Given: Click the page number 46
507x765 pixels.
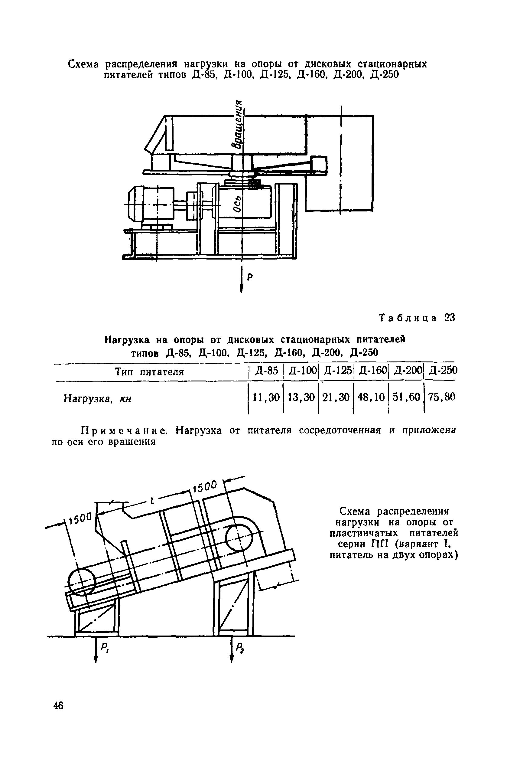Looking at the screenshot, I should tap(59, 714).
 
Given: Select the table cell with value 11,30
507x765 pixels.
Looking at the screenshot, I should tap(266, 397).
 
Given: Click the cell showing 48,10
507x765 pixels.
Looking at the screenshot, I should tap(371, 397).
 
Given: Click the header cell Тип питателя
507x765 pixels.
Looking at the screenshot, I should tap(149, 372).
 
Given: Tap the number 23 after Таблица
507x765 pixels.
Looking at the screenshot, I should tap(450, 318).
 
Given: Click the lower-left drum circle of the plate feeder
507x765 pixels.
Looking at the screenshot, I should tap(82, 580).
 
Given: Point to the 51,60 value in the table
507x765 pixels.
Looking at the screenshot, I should tap(406, 397).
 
